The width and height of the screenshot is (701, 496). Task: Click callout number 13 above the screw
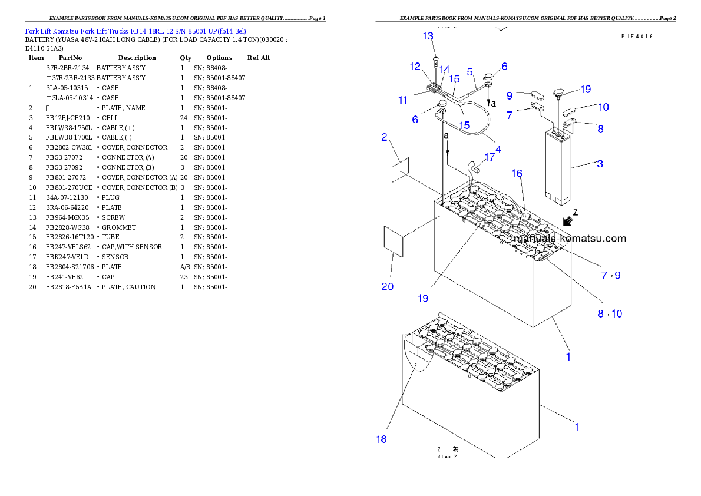[428, 37]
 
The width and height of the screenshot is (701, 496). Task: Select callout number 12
[415, 66]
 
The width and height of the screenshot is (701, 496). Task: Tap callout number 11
[402, 101]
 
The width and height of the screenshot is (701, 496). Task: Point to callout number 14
[445, 70]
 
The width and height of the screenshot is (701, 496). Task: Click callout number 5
[469, 71]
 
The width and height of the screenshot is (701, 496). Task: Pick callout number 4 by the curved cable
[498, 150]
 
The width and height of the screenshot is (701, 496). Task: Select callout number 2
[384, 137]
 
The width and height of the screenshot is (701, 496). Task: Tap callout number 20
[387, 287]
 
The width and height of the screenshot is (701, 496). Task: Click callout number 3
[600, 164]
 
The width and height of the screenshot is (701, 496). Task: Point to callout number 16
[517, 174]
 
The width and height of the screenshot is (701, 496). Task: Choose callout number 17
[490, 158]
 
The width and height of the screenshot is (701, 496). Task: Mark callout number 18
[382, 439]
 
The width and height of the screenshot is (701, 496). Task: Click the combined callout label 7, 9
[610, 275]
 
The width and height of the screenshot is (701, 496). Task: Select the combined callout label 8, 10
[610, 314]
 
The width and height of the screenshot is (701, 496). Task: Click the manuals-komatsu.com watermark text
[570, 239]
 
